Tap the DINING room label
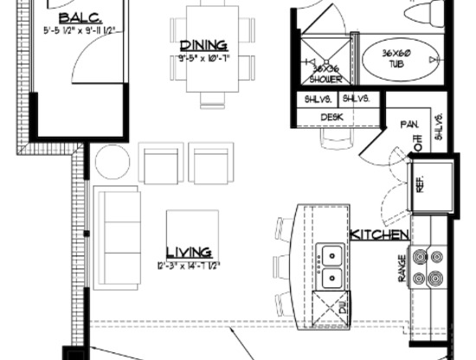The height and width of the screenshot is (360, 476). pos(203,45)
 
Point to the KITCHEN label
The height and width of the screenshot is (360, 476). pos(379,235)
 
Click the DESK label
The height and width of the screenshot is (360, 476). pos(333,117)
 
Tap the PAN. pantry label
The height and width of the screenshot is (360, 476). pos(408,125)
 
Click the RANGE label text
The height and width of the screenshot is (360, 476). pos(402,269)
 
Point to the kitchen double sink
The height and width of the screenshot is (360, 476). pos(331,267)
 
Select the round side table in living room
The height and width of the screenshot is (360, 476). pos(111,162)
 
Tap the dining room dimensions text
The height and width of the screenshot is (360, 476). pos(204,58)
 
